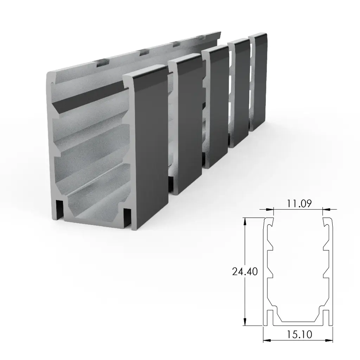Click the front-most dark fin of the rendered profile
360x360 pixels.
(149, 148)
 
